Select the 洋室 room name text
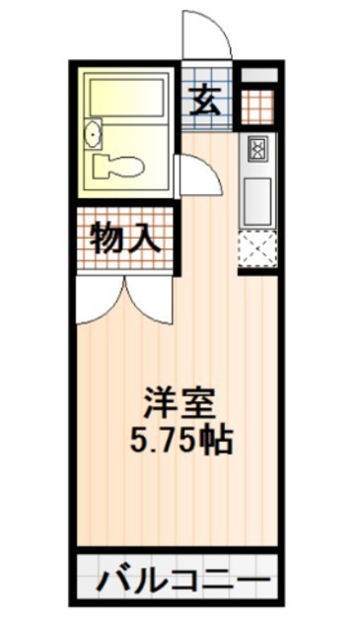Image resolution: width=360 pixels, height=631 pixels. point(180,403)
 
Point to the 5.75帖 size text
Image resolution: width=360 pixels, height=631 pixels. point(180,441)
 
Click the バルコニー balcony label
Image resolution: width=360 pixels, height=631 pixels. point(184,580)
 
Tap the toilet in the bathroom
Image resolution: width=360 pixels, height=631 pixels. point(117,167)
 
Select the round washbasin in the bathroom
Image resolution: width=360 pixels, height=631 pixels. point(93,134)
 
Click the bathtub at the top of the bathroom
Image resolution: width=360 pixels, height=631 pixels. point(127,98)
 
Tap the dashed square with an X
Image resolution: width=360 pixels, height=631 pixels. point(257,249)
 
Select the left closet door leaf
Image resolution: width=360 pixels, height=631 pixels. point(101,300)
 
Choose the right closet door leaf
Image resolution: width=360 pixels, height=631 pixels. point(149,300)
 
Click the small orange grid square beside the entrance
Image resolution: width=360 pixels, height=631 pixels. point(257,106)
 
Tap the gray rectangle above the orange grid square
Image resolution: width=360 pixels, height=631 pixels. point(259,75)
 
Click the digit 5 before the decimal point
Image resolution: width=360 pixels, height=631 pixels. point(137,441)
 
